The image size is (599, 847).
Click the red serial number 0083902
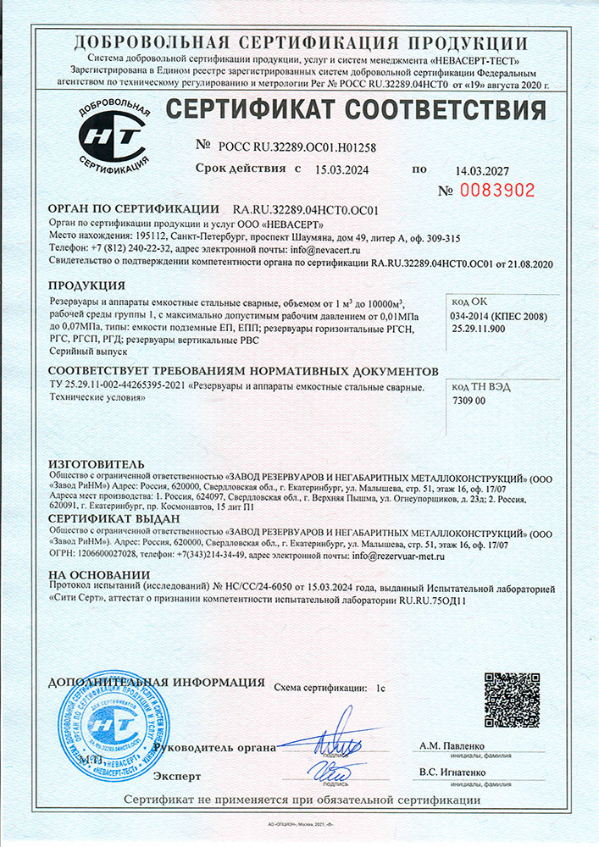coord(497,191)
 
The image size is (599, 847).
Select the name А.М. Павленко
coord(452,745)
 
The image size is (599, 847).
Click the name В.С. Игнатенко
coord(454,773)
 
